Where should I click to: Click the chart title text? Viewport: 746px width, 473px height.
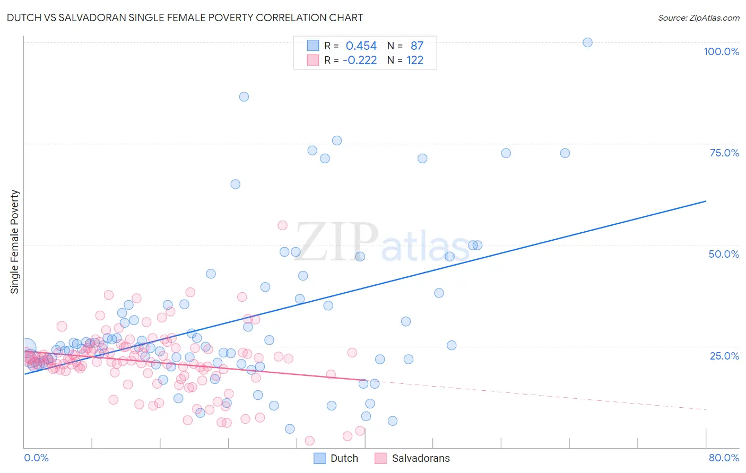pyautogui.click(x=185, y=17)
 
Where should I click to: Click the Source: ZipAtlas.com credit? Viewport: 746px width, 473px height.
pyautogui.click(x=698, y=17)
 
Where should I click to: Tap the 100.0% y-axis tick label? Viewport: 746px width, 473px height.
pyautogui.click(x=721, y=51)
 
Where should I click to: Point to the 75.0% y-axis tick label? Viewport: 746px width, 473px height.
pyautogui.click(x=724, y=153)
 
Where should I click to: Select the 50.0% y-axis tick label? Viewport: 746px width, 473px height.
pyautogui.click(x=724, y=254)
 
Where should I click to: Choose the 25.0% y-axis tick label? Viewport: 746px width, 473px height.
pyautogui.click(x=724, y=355)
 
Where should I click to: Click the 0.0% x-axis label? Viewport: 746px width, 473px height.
pyautogui.click(x=36, y=458)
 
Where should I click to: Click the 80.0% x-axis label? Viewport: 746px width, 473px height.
pyautogui.click(x=724, y=458)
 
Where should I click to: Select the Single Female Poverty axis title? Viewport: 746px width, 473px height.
pyautogui.click(x=15, y=242)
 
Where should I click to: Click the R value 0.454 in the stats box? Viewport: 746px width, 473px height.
pyautogui.click(x=361, y=46)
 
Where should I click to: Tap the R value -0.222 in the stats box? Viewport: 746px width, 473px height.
pyautogui.click(x=360, y=60)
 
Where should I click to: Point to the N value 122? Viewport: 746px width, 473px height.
pyautogui.click(x=415, y=60)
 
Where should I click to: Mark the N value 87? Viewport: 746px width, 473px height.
pyautogui.click(x=417, y=46)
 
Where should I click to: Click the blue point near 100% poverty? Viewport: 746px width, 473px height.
pyautogui.click(x=587, y=42)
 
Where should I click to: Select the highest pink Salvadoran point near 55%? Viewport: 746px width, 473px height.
pyautogui.click(x=282, y=225)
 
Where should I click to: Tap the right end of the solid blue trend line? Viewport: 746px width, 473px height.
pyautogui.click(x=706, y=201)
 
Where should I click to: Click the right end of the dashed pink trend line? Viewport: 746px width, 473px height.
pyautogui.click(x=706, y=409)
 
